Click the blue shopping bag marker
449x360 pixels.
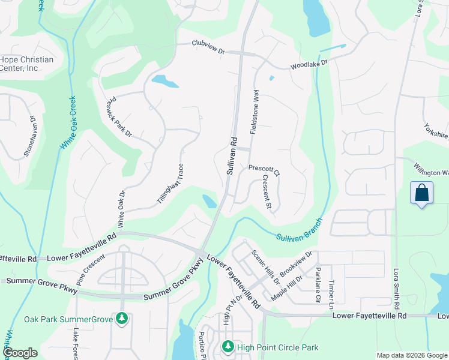tap(422, 193)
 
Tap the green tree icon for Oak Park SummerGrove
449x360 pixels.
tap(122, 318)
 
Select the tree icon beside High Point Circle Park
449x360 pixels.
tap(228, 346)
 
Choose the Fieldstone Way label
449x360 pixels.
tap(255, 111)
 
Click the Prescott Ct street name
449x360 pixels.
tap(264, 170)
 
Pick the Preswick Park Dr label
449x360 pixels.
tap(119, 118)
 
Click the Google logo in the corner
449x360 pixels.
tap(20, 352)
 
